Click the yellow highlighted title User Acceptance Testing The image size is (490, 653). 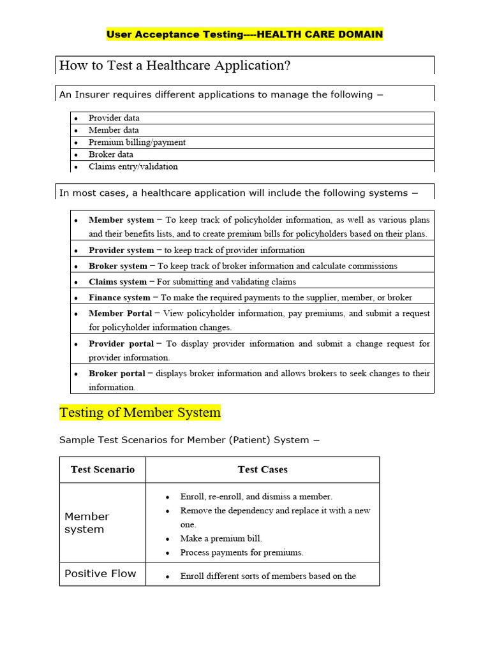tap(244, 34)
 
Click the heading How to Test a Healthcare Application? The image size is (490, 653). tap(174, 66)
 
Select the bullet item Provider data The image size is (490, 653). tap(114, 118)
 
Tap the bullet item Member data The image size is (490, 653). tap(114, 130)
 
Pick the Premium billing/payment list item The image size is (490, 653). tap(137, 142)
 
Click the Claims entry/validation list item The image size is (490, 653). tap(133, 166)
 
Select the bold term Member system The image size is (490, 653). tap(121, 220)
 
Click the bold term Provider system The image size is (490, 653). tap(121, 250)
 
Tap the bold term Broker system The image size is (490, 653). tap(118, 266)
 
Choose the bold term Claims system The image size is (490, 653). tap(117, 281)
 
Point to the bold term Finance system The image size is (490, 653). tap(119, 297)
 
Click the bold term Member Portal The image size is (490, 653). tap(121, 313)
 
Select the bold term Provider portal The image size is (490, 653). tap(121, 343)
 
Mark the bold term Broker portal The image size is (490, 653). tap(117, 373)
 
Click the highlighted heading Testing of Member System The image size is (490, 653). tap(140, 413)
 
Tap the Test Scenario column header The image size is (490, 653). tap(103, 469)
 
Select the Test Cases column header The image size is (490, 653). tap(262, 469)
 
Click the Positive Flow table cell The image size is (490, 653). tap(100, 573)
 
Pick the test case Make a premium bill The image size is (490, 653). tap(221, 538)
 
